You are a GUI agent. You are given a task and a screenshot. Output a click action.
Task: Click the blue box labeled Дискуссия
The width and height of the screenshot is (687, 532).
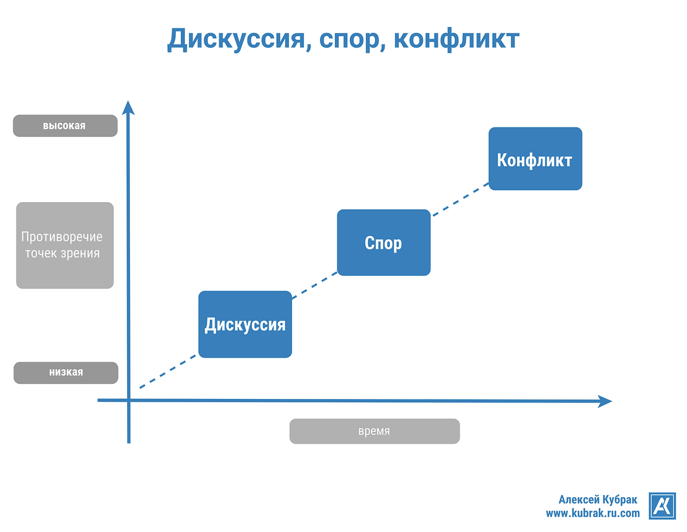pos(245,324)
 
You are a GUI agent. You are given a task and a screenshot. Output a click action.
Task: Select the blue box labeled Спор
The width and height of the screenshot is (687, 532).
pos(384,242)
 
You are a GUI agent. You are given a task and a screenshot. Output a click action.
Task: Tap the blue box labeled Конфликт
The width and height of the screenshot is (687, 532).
pos(535,159)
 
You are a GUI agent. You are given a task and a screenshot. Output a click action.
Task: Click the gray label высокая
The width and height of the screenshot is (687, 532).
pos(65,126)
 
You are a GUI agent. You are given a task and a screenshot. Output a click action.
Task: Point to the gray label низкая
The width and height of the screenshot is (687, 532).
pos(65,372)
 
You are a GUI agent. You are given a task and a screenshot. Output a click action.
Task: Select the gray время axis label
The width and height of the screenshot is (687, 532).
pos(374,431)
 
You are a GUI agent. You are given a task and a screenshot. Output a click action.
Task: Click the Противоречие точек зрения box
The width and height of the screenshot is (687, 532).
pos(65,245)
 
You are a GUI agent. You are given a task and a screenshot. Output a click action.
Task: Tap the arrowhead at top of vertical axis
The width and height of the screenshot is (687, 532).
pos(129,107)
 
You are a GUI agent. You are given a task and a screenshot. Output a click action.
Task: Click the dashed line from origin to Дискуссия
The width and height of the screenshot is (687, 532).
pos(169,371)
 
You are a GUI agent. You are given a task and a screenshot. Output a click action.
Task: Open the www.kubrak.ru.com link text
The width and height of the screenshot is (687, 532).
pos(593,513)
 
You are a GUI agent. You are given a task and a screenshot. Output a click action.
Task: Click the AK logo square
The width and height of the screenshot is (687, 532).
pos(662,506)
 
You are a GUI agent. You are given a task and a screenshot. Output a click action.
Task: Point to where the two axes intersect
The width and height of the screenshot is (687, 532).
pos(129,400)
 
